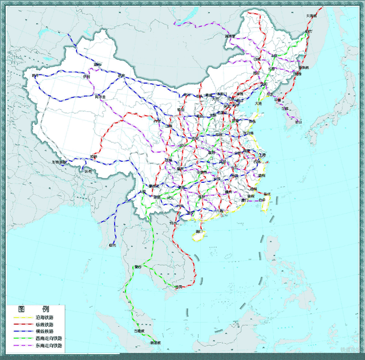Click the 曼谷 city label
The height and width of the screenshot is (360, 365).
point(137,267)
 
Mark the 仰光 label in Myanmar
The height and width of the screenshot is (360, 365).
point(112,246)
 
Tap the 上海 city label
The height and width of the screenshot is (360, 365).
point(262,155)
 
